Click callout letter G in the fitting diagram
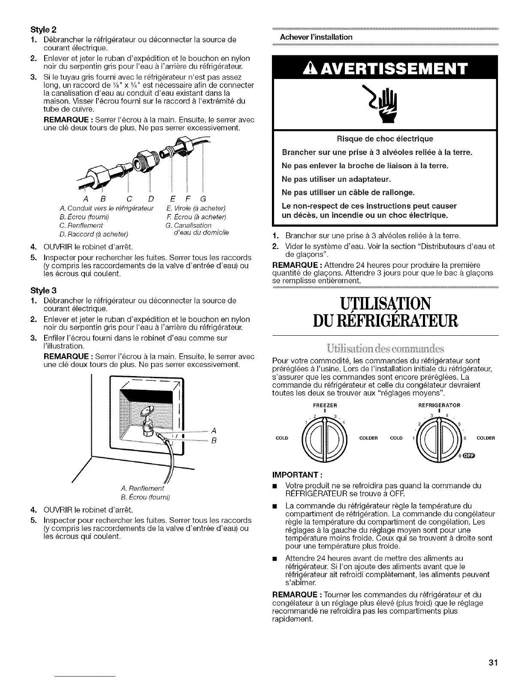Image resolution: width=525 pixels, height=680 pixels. tap(203, 199)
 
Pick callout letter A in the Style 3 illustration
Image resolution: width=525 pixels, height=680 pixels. tap(214, 431)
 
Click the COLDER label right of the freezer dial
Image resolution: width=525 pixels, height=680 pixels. tap(368, 438)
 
